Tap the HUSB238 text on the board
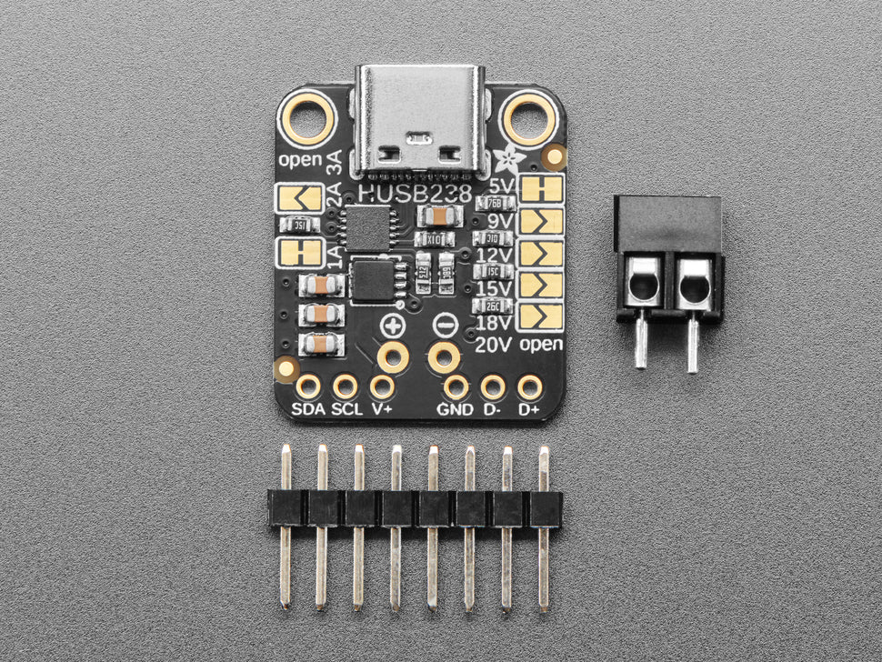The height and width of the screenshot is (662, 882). pos(416,193)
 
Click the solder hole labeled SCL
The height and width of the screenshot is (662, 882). pos(346,387)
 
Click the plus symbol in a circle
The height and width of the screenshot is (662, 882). pos(393,326)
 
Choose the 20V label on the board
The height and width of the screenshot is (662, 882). pos(494,345)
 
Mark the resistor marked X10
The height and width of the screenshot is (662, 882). pos(434,239)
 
